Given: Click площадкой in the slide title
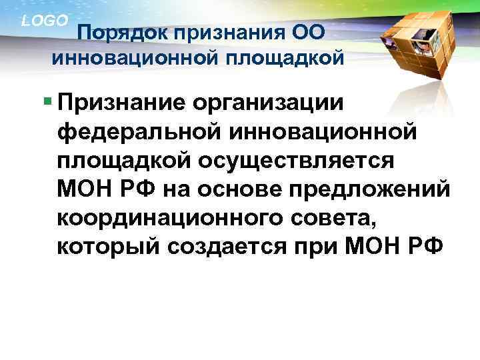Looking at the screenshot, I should coord(286,57).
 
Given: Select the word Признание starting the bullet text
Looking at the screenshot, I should coord(121,104).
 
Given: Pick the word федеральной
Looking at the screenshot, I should coord(141,133).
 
